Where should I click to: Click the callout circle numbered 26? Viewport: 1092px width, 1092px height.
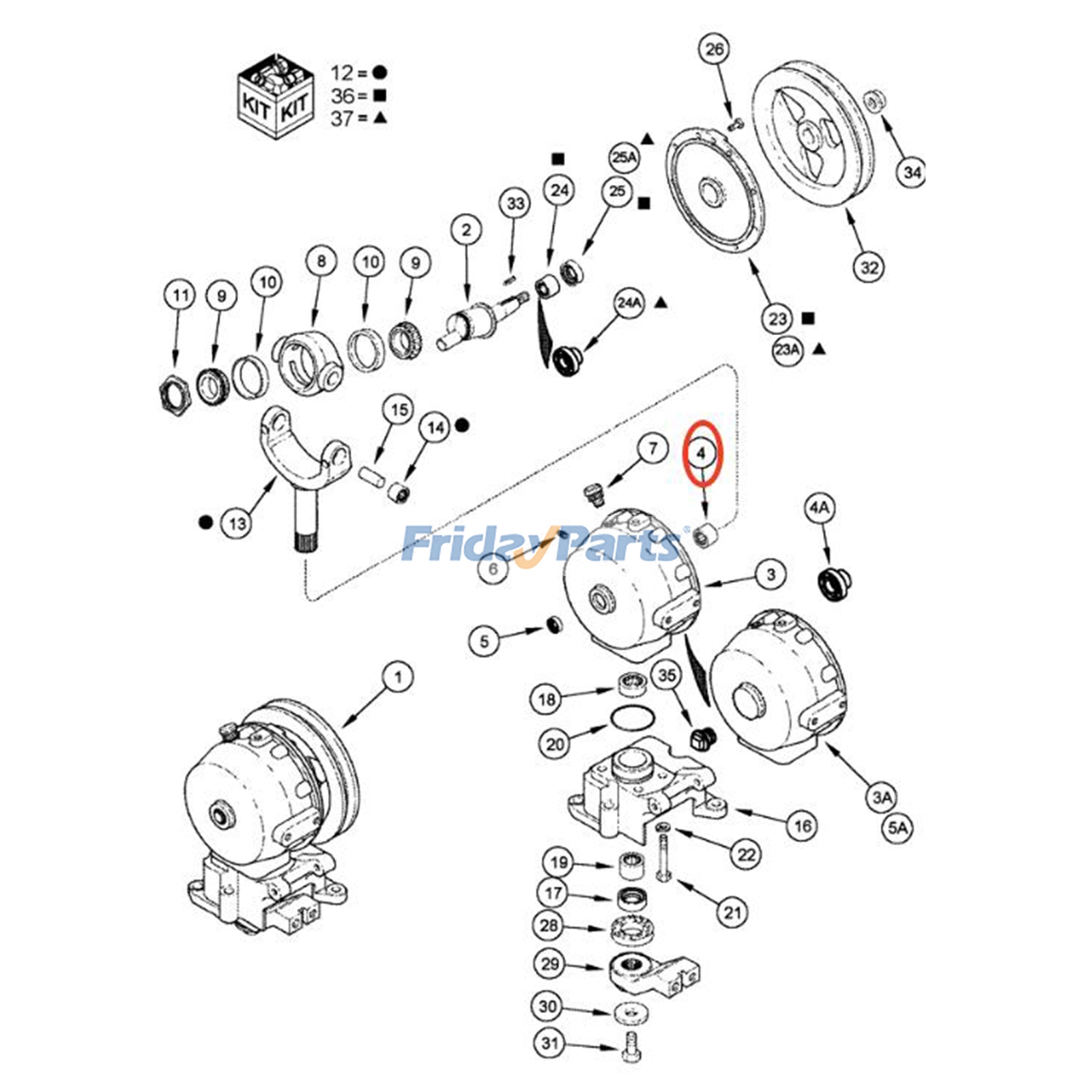714,49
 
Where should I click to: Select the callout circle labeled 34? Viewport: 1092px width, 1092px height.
912,172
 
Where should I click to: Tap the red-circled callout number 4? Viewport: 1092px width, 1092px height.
701,452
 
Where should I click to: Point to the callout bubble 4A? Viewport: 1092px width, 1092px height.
819,508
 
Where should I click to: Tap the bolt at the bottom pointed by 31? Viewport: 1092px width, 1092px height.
631,1046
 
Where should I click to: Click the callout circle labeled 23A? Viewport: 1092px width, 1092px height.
787,349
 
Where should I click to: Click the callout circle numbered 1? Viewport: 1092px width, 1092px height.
398,677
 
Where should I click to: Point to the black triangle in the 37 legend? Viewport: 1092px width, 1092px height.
380,118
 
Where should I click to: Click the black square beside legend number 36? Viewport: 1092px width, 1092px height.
380,96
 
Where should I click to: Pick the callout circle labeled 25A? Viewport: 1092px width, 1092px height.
624,158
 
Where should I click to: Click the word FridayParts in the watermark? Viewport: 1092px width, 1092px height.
539,544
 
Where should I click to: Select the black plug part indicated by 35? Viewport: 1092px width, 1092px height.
702,738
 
